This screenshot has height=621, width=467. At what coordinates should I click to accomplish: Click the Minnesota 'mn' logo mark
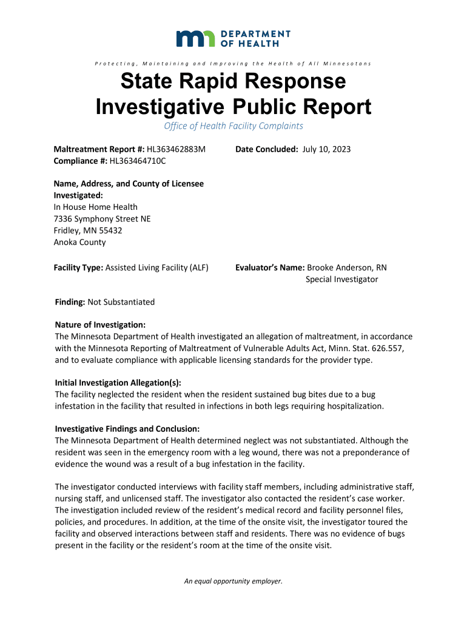pos(197,38)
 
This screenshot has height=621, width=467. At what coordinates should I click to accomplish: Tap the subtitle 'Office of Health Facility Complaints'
pos(233,126)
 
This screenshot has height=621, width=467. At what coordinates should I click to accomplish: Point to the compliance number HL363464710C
pos(137,161)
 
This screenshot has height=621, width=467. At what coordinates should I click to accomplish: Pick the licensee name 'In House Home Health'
pos(96,207)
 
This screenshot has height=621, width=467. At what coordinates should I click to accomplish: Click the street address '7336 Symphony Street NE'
pos(102,218)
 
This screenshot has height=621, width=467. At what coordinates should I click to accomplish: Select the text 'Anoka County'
pos(80,242)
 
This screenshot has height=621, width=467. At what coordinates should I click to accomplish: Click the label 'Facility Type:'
pos(79,267)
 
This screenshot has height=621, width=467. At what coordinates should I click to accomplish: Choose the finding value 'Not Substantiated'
pos(121,302)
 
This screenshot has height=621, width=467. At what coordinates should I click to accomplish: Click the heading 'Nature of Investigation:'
pos(100,325)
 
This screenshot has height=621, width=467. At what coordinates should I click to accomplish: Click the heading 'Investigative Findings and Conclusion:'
pos(127,429)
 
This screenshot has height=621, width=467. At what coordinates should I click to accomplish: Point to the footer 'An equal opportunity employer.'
pos(233,581)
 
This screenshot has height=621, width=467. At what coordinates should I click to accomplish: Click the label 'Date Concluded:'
pos(267,149)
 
